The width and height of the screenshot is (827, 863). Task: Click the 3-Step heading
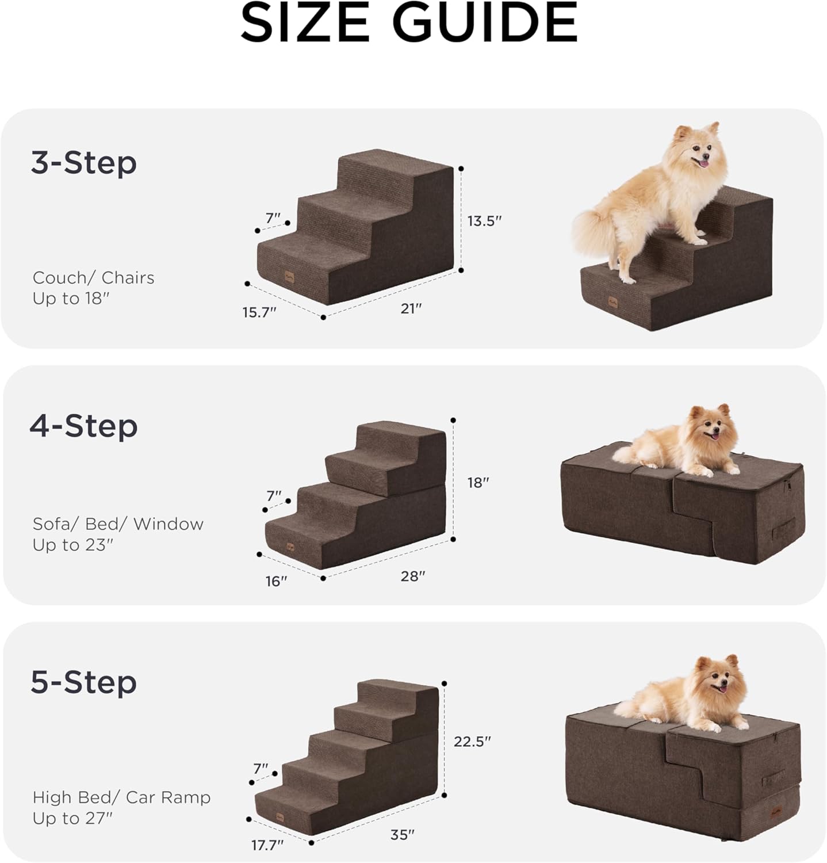click(84, 163)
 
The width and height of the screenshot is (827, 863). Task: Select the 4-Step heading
click(84, 426)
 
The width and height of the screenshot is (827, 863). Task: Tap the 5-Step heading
click(84, 682)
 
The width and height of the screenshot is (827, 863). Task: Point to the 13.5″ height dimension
click(484, 221)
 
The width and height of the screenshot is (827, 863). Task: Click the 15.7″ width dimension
click(259, 312)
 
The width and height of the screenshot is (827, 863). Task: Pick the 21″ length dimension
click(411, 308)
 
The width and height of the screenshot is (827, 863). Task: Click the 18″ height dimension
click(478, 482)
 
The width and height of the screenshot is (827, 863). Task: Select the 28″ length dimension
click(412, 576)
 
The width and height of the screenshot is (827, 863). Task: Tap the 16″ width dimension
click(276, 581)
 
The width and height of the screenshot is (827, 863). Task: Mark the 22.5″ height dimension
click(472, 741)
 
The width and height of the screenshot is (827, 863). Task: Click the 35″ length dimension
click(403, 834)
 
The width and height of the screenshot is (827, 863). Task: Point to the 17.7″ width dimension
click(267, 845)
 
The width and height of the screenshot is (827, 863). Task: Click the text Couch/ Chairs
click(94, 278)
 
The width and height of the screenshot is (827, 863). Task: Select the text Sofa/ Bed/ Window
click(118, 524)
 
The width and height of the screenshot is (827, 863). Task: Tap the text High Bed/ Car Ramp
click(121, 797)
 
